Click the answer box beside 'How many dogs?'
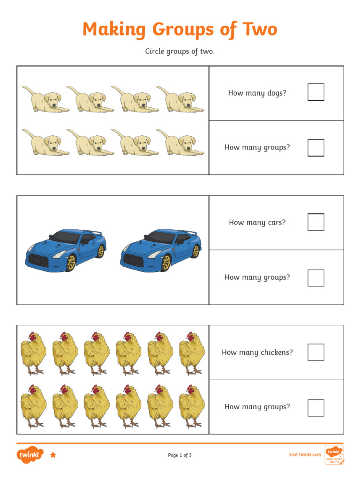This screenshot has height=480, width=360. click(x=315, y=92)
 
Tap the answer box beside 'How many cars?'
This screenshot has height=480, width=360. click(x=315, y=222)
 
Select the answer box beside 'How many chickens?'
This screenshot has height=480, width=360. click(x=315, y=352)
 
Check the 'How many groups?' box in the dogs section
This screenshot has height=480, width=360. click(x=315, y=148)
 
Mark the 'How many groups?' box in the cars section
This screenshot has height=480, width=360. click(x=315, y=277)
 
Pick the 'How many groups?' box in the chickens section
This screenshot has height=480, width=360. click(x=315, y=407)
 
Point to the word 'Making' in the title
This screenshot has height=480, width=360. click(x=114, y=30)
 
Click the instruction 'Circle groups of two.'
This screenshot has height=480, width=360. click(x=180, y=52)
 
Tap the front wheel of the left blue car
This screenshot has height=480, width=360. click(x=70, y=263)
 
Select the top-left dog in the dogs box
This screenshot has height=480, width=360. click(x=45, y=99)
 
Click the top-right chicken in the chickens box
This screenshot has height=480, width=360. click(x=191, y=353)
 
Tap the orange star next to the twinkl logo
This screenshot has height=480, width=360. click(x=53, y=455)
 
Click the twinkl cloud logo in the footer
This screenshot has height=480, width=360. click(x=30, y=455)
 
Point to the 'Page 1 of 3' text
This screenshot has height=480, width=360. click(x=180, y=455)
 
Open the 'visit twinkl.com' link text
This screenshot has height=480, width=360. click(x=305, y=455)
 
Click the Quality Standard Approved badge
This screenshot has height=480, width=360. click(x=334, y=455)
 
